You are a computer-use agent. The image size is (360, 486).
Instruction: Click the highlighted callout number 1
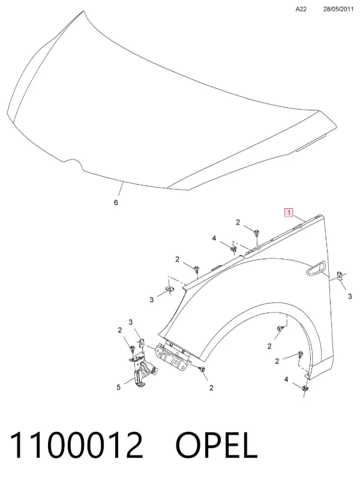(x=289, y=213)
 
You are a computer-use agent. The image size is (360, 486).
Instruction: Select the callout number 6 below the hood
(x=116, y=202)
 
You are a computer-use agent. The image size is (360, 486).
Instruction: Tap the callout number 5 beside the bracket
(x=118, y=387)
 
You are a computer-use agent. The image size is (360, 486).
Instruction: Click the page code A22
(x=301, y=9)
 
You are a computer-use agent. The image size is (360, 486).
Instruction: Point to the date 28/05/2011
(x=338, y=9)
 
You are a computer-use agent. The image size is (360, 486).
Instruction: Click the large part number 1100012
(x=77, y=445)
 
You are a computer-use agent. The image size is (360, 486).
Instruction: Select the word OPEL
(x=217, y=445)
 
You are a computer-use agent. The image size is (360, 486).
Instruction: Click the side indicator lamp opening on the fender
(x=316, y=268)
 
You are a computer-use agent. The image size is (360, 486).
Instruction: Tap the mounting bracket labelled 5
(x=143, y=370)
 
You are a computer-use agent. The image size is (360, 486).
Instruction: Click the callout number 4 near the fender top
(x=214, y=238)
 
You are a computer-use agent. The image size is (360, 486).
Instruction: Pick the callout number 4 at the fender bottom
(x=286, y=379)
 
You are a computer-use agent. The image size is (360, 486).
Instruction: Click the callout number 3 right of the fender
(x=350, y=296)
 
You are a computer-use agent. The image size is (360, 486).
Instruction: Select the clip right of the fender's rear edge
(x=340, y=275)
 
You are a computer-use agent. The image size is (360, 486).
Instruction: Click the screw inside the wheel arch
(x=280, y=328)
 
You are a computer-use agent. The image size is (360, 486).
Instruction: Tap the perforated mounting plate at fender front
(x=173, y=356)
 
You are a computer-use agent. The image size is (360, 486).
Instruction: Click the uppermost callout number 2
(x=238, y=222)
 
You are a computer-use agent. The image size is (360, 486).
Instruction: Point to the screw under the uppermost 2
(x=257, y=233)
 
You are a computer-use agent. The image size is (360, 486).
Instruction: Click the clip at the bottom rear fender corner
(x=305, y=388)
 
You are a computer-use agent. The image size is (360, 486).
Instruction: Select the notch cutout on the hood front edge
(x=73, y=163)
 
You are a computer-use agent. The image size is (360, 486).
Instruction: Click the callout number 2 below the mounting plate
(x=211, y=388)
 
